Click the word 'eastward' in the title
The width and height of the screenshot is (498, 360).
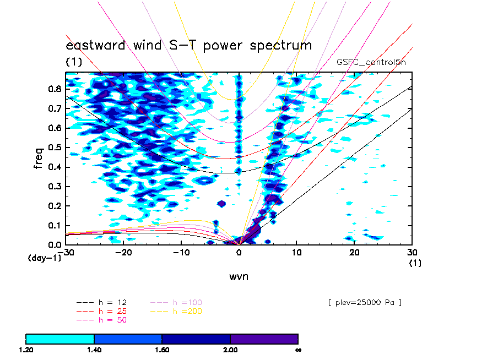tap(96, 45)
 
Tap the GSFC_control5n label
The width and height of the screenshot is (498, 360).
tap(371, 62)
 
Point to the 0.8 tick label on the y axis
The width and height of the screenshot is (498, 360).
tap(55, 89)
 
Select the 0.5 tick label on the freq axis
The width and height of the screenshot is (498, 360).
tap(55, 148)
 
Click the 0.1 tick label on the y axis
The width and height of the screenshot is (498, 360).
tap(55, 226)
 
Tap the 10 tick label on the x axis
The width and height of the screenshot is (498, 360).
tap(296, 252)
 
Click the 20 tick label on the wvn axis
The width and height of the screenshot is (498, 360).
tap(354, 252)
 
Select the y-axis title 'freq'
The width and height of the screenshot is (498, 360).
tap(39, 158)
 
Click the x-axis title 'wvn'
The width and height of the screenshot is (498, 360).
tap(239, 277)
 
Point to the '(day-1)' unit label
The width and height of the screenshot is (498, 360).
tap(45, 258)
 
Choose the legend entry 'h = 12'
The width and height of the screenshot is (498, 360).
tap(101, 303)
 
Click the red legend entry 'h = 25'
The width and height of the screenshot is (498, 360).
tap(101, 311)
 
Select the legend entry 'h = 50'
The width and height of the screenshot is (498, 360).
tap(101, 320)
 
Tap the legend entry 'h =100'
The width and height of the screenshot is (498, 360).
tap(176, 303)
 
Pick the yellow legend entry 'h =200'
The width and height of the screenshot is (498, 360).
tap(176, 311)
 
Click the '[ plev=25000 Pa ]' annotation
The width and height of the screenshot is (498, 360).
tap(365, 303)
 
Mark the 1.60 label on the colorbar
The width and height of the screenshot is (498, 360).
tap(162, 350)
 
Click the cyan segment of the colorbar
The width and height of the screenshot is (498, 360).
tap(60, 339)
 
